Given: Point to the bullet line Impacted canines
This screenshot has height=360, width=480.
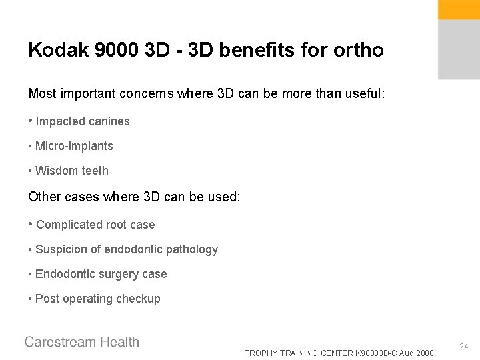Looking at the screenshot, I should (83, 121).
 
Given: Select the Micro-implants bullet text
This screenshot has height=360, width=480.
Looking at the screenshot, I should (74, 146).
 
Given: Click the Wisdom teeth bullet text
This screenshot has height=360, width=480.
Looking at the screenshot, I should (71, 171).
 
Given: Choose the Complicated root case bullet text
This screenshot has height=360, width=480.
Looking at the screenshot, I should (95, 225).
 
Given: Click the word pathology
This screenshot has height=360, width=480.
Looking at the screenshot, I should (191, 250).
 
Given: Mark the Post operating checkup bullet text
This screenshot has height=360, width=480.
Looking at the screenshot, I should (97, 299).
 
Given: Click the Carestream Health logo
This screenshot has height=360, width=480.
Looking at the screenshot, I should (82, 342).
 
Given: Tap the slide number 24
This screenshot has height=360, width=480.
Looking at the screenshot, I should (464, 347).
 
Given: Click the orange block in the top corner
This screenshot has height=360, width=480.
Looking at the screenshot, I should (458, 9).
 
